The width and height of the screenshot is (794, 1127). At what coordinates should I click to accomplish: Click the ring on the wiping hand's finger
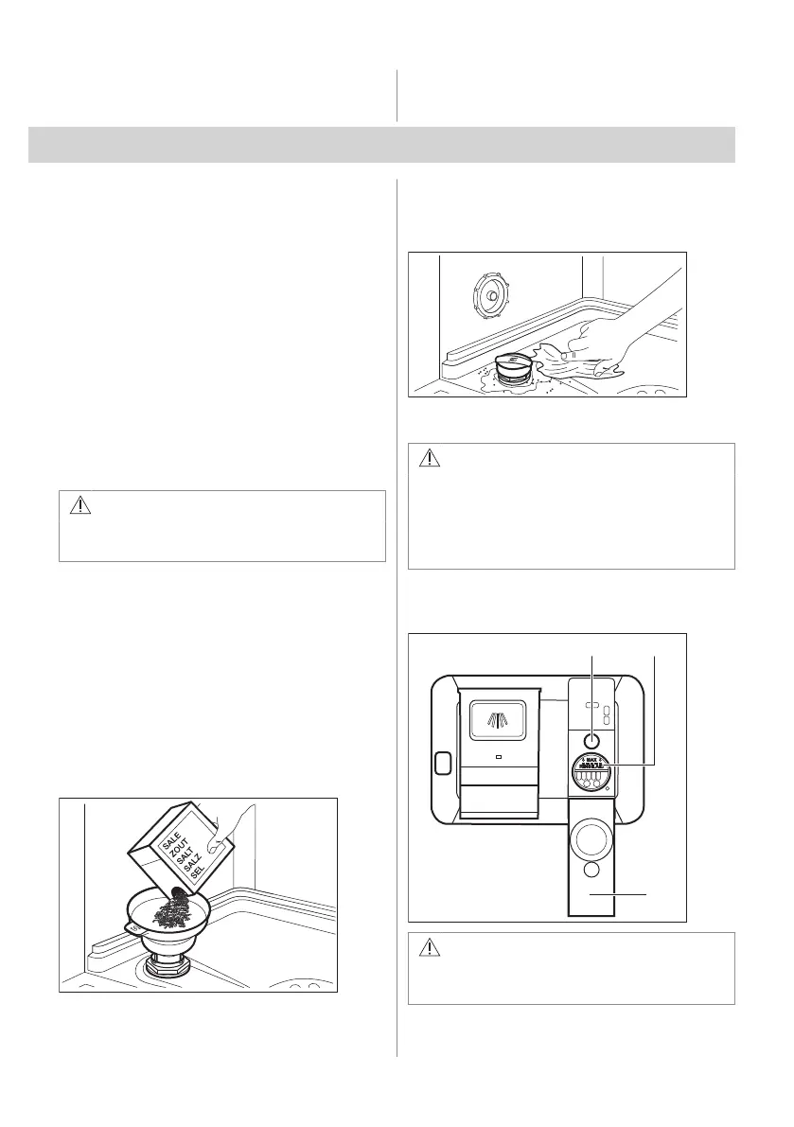coord(566,356)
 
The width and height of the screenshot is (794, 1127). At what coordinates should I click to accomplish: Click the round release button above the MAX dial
coord(591,742)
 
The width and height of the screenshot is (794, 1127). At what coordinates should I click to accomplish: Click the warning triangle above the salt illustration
coord(79,506)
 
